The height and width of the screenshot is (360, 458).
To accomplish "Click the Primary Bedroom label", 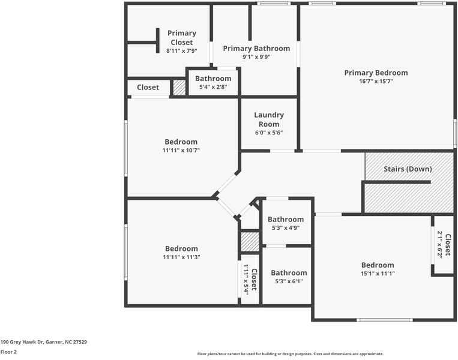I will (376, 73).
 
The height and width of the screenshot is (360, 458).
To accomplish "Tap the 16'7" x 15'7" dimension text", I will (376, 82).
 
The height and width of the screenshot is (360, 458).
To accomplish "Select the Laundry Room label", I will (269, 119).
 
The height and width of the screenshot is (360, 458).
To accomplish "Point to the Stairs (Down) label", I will (408, 169).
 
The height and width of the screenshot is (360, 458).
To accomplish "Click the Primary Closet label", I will (181, 38).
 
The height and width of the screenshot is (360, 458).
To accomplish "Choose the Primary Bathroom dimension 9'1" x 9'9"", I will (256, 58).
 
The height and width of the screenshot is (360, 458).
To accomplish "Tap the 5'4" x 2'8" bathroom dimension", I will (213, 88).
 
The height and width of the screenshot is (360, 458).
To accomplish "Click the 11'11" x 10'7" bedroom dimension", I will (181, 151).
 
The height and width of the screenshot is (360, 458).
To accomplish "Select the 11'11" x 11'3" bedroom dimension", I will (181, 257).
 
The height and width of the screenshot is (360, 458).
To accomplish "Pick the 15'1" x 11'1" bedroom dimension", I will (378, 274).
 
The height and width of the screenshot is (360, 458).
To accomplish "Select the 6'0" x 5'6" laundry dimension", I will (269, 133).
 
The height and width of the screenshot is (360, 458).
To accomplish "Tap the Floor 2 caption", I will (8, 352).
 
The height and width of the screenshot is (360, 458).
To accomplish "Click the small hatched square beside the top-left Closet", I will (179, 88).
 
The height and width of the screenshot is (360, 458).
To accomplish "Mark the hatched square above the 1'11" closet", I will (249, 241).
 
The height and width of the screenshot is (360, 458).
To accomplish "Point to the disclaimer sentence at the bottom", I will (290, 354).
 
